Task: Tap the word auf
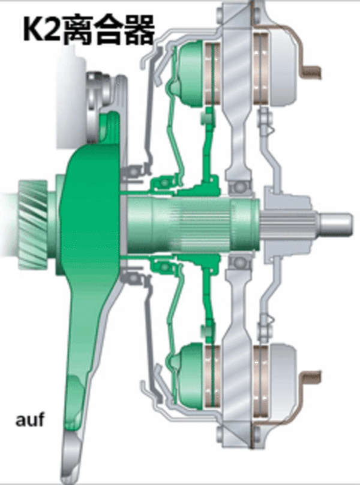(x=29, y=419)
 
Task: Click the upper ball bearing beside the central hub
(x=239, y=187)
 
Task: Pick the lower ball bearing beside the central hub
(x=239, y=262)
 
